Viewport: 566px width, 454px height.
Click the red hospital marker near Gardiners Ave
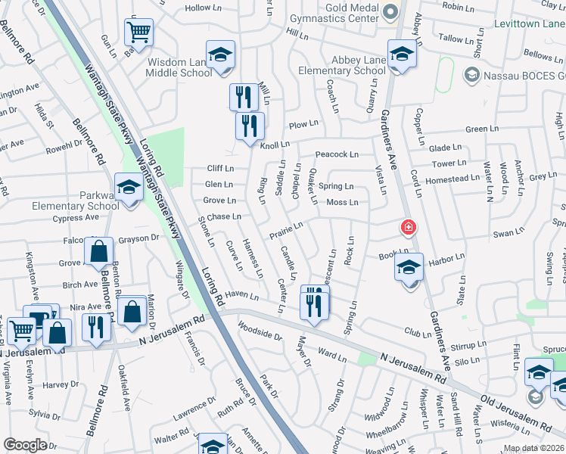(x=408, y=227)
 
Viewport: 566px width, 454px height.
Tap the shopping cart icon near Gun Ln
(x=138, y=32)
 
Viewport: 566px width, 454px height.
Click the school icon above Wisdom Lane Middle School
(x=220, y=54)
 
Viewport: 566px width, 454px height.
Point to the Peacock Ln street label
(x=337, y=154)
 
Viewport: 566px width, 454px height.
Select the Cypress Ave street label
(x=76, y=218)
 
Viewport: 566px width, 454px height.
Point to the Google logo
(x=25, y=445)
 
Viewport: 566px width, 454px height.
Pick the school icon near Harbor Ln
(x=409, y=269)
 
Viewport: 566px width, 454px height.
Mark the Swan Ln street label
(x=503, y=234)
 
